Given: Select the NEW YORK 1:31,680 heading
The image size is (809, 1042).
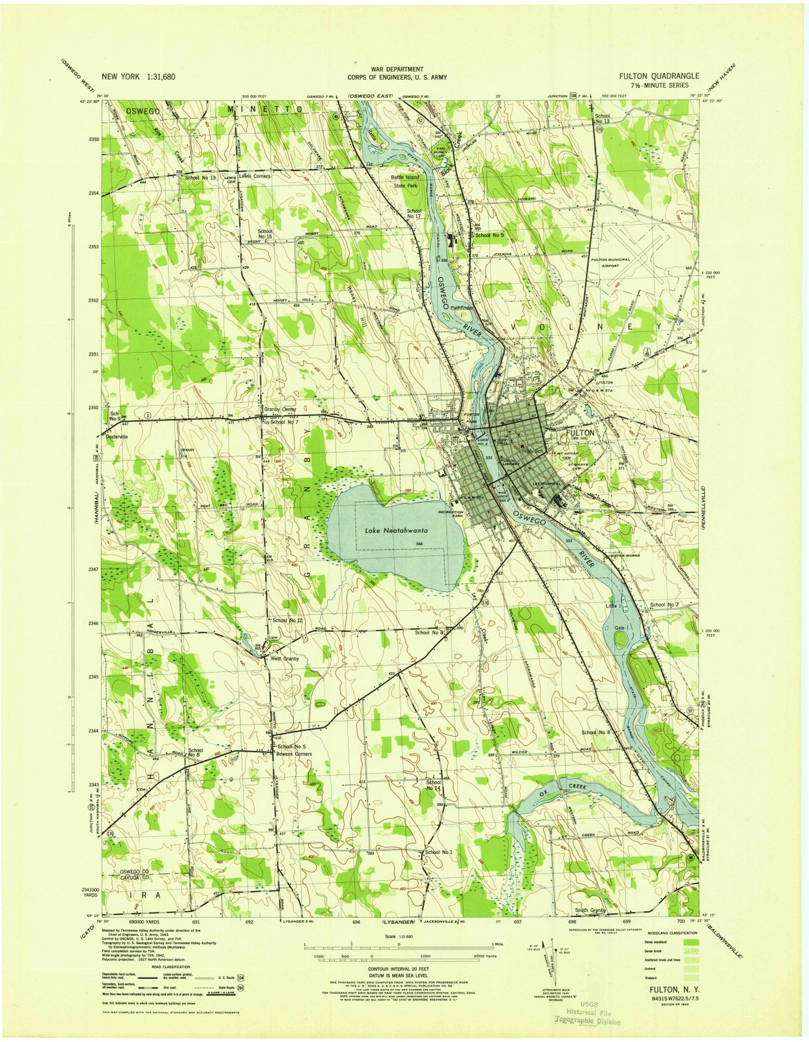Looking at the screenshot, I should point(139,77).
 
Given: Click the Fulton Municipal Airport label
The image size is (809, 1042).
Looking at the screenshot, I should point(610,262).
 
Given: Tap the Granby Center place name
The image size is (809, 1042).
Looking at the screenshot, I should point(280,410).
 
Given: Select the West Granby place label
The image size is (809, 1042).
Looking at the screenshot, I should point(285,658).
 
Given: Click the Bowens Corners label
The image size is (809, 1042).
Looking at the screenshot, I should point(294,754).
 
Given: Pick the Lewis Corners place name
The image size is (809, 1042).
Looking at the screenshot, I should point(254,176).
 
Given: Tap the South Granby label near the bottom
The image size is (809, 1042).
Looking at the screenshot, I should point(590,910).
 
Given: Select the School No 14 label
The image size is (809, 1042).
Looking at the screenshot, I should point(433,785).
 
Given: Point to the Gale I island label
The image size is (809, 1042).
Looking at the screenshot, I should point(620,628).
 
